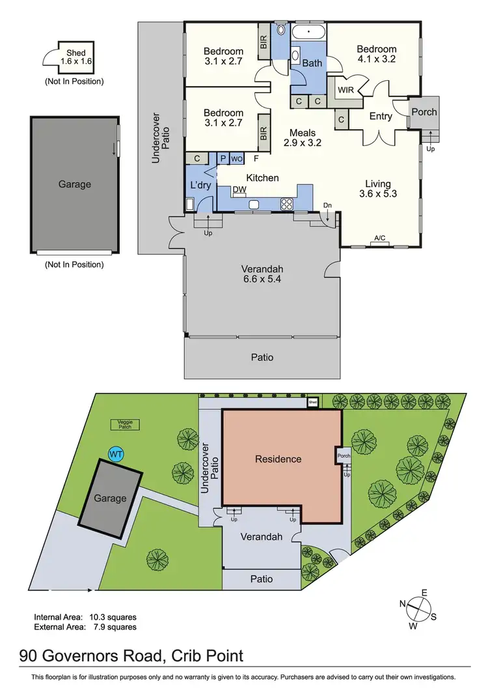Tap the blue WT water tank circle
[116, 453]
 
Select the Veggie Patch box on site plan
[126, 424]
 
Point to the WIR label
[346, 89]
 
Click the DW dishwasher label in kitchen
[239, 189]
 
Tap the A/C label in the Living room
[380, 238]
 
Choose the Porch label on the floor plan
[424, 112]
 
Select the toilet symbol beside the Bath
[280, 29]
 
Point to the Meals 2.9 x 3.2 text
[306, 137]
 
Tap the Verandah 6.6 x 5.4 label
[262, 274]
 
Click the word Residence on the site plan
[278, 459]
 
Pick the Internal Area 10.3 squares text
[85, 616]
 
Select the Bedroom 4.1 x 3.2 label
[376, 54]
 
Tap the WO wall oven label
[237, 158]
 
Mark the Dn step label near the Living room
[327, 206]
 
